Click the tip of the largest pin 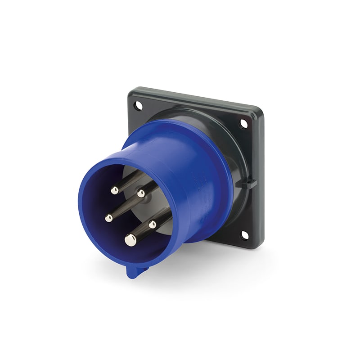(130, 240)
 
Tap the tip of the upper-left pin (115, 190)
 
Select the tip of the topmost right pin (141, 193)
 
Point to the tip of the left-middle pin (109, 218)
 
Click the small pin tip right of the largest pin (153, 224)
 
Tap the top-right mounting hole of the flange (243, 123)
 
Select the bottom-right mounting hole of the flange (244, 235)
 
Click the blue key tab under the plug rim (133, 271)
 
